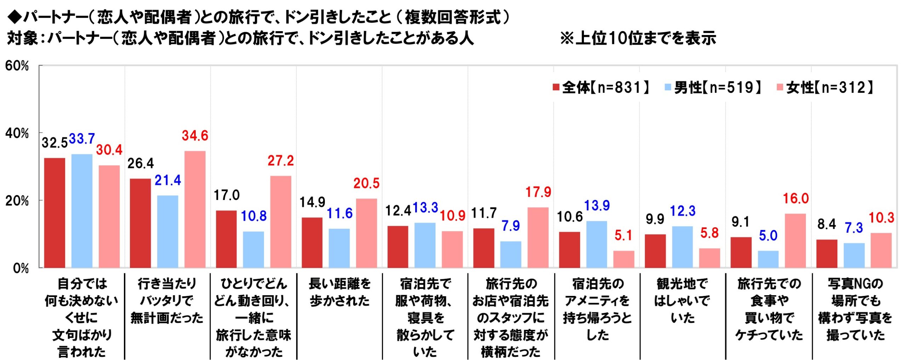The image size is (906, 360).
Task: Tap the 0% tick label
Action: click(x=21, y=268)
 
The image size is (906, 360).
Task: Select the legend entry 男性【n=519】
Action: click(x=713, y=87)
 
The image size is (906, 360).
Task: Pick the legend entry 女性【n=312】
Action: click(x=825, y=87)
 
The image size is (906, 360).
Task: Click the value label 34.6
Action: click(x=195, y=136)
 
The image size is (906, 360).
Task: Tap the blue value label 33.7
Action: click(x=82, y=139)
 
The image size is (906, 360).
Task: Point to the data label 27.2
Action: click(x=281, y=161)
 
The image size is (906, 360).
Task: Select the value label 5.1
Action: click(x=623, y=235)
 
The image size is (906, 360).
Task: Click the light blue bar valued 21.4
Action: click(x=167, y=232)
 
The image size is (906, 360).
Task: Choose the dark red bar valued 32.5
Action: click(x=55, y=213)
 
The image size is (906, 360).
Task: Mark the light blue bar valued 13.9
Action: click(x=597, y=244)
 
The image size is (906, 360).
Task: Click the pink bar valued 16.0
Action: click(x=795, y=241)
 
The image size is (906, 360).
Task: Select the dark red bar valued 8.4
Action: click(x=827, y=253)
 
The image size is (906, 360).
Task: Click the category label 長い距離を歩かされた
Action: click(x=339, y=292)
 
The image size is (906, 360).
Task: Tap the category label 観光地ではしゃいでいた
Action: click(x=682, y=301)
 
